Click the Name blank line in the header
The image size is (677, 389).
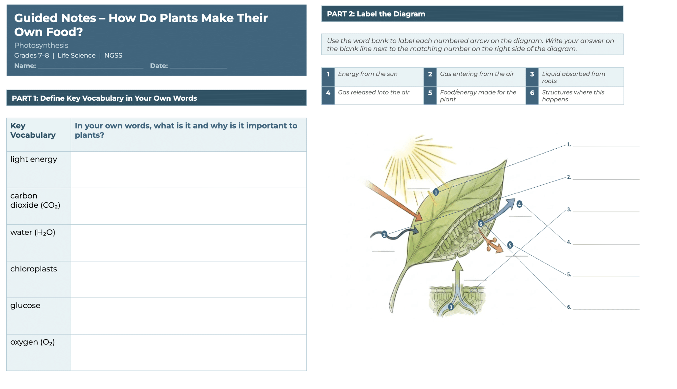pos(90,68)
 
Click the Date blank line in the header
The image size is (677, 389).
pos(198,68)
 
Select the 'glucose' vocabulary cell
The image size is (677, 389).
pos(39,316)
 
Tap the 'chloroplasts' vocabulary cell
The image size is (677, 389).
pos(39,279)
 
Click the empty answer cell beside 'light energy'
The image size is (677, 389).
pos(189,170)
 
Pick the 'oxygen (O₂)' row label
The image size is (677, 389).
pos(32,342)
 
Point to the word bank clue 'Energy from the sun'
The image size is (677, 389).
pos(368,74)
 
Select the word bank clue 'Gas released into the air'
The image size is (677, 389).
pos(373,92)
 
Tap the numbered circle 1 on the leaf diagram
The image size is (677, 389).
pos(436,192)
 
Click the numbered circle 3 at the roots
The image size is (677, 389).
pos(451,307)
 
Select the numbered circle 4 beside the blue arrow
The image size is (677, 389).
pos(519,204)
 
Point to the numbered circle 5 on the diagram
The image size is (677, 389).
pos(510,245)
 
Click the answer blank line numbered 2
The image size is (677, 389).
pos(606,179)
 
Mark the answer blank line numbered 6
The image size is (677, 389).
pos(606,309)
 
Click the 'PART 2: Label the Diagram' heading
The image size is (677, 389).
pos(376,14)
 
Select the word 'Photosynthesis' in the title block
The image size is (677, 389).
pos(41,45)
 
